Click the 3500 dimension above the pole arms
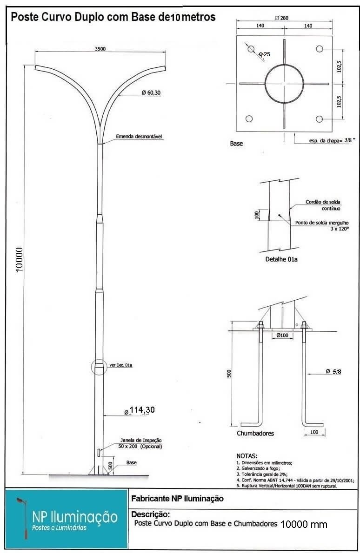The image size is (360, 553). pyautogui.click(x=100, y=49)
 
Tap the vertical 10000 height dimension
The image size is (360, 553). pyautogui.click(x=19, y=260)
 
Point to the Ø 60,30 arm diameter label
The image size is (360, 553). pyautogui.click(x=151, y=93)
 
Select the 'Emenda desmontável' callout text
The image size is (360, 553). pyautogui.click(x=139, y=137)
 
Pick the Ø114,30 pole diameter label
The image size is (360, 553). pyautogui.click(x=140, y=410)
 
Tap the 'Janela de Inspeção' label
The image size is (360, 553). pyautogui.click(x=141, y=440)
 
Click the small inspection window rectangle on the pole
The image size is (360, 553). pyautogui.click(x=99, y=453)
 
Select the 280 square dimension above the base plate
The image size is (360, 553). pyautogui.click(x=282, y=18)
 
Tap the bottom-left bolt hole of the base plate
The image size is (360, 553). pyautogui.click(x=249, y=118)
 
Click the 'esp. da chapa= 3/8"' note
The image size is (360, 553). pyautogui.click(x=332, y=140)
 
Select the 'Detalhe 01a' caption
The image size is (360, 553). pyautogui.click(x=281, y=259)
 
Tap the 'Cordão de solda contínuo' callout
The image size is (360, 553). pyautogui.click(x=323, y=205)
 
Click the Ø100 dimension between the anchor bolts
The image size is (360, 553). pyautogui.click(x=282, y=335)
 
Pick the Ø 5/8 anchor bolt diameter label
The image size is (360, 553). pyautogui.click(x=333, y=371)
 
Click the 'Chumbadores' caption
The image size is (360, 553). pyautogui.click(x=255, y=434)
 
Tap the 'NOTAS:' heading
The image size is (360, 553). pyautogui.click(x=247, y=456)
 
